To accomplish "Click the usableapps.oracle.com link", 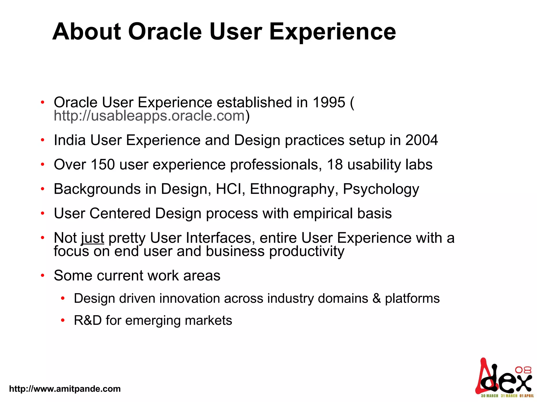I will [x=149, y=116].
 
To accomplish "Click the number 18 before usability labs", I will [x=335, y=165].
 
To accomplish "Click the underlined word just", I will [x=93, y=238].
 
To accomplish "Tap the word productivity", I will [x=307, y=252].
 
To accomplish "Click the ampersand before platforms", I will [x=377, y=298].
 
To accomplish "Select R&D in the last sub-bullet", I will [x=88, y=320].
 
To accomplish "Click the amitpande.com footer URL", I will [x=65, y=389].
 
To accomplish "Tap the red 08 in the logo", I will [x=523, y=370].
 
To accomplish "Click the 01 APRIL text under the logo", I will [x=527, y=396].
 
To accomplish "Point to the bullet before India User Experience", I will [x=42, y=140].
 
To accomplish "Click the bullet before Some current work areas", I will [x=42, y=276].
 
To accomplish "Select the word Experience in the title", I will [x=332, y=32].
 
